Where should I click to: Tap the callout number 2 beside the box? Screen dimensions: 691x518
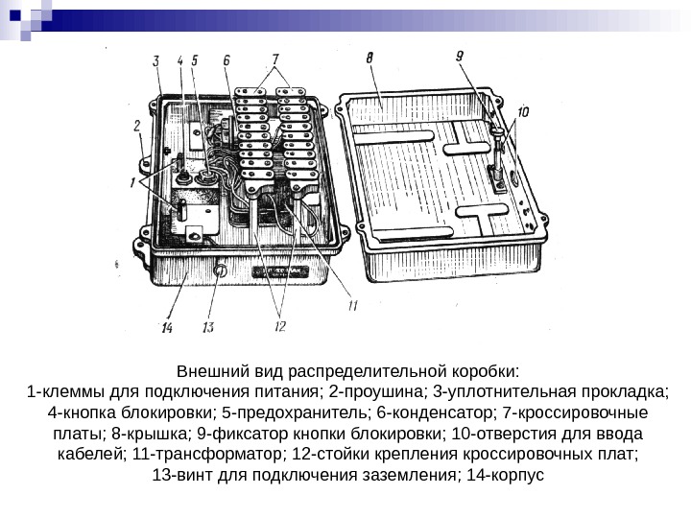(x=137, y=125)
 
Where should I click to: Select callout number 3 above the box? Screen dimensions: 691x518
(x=156, y=61)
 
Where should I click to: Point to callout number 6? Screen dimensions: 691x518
(x=226, y=60)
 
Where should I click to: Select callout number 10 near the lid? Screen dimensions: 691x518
(x=522, y=112)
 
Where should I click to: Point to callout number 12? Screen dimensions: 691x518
(x=279, y=326)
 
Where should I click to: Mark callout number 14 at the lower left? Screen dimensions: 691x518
(x=167, y=328)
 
